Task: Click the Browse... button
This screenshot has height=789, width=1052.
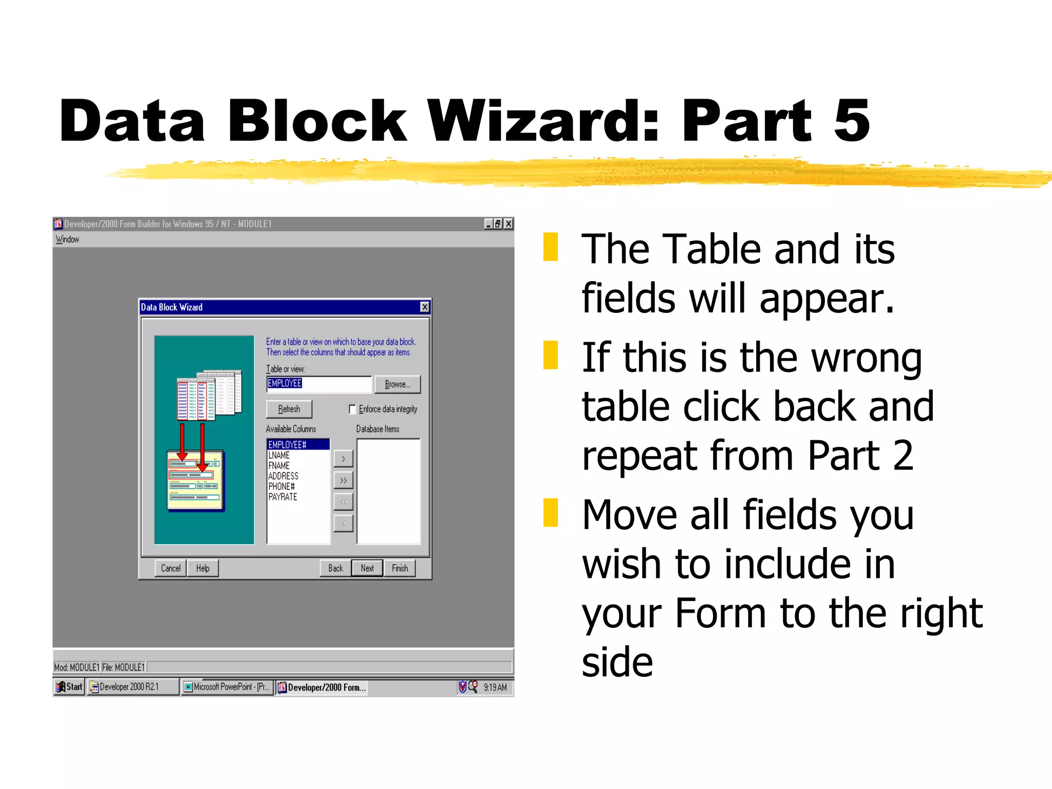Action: click(x=397, y=384)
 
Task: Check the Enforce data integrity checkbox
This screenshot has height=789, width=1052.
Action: click(x=352, y=409)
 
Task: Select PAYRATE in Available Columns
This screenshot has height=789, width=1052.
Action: click(x=283, y=497)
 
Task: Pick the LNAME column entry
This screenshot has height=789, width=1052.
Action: click(x=279, y=455)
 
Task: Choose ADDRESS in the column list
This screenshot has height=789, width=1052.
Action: click(x=283, y=476)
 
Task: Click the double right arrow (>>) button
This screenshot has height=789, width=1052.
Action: click(x=343, y=480)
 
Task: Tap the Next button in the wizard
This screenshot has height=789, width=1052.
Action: click(x=367, y=568)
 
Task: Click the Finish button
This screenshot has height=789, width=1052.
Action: click(x=400, y=568)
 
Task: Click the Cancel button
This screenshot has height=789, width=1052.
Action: click(x=171, y=568)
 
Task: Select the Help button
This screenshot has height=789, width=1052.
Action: click(x=202, y=568)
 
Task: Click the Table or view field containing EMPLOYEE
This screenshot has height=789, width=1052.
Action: click(x=318, y=384)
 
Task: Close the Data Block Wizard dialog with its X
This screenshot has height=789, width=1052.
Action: click(x=425, y=307)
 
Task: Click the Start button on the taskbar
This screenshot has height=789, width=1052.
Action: click(x=69, y=687)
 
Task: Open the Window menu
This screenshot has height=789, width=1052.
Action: click(x=67, y=239)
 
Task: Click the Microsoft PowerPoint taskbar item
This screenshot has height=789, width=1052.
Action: click(x=227, y=687)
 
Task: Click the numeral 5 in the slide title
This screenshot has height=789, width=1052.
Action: click(x=851, y=121)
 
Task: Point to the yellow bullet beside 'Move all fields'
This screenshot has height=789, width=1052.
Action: click(x=551, y=513)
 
